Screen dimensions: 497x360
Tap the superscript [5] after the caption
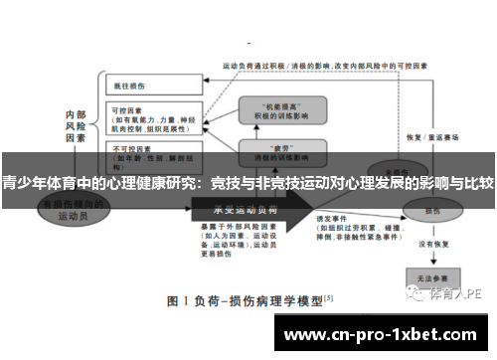(328, 295)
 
